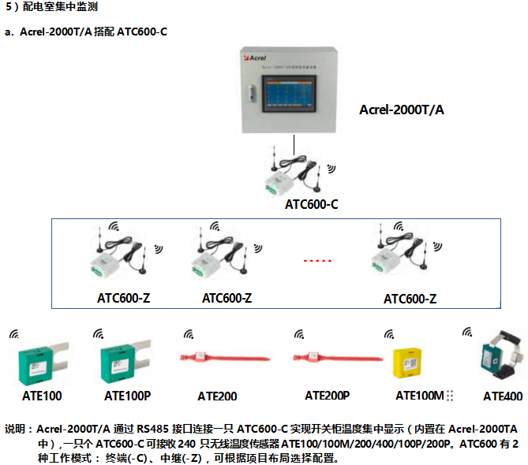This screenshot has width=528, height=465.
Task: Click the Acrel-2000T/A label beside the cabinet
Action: (402, 110)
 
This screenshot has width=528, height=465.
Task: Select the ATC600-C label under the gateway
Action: (312, 205)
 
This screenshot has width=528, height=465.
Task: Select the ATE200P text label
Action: (328, 395)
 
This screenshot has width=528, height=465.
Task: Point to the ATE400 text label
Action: (503, 396)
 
